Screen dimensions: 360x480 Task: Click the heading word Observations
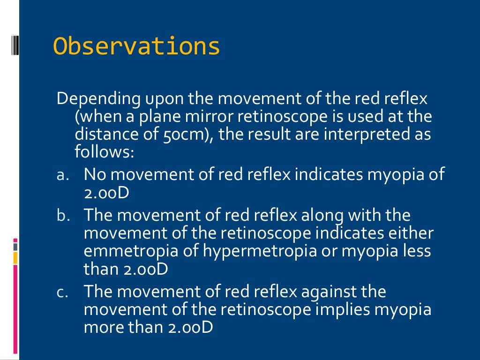(x=136, y=46)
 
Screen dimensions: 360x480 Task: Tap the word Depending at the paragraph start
(x=92, y=99)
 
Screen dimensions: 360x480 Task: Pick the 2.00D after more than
(x=190, y=328)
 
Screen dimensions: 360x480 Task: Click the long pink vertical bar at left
(x=15, y=309)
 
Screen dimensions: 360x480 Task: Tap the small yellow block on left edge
(x=15, y=257)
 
